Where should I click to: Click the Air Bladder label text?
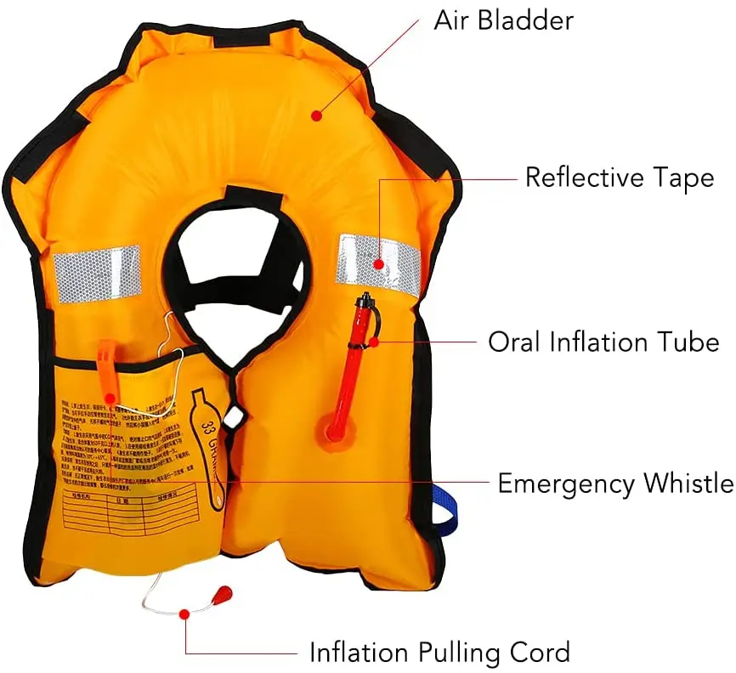point(503,20)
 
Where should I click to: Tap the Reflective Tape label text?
point(619,178)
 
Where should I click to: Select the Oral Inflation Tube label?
point(603,342)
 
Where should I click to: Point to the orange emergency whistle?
point(108,375)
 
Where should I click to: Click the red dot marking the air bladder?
point(316,114)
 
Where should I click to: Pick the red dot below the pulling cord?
point(185,613)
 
